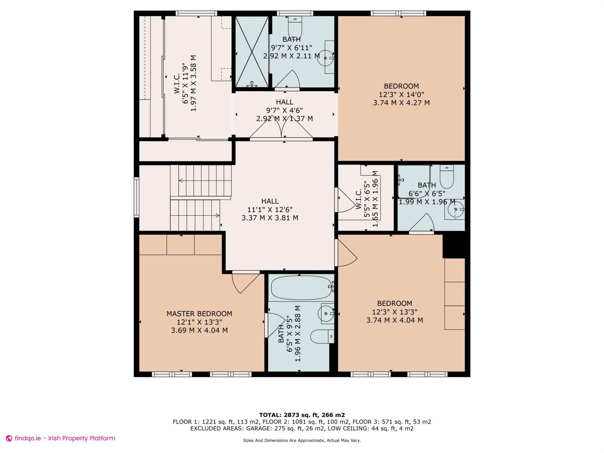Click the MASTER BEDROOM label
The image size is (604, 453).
point(199,314)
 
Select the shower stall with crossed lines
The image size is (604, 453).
point(252,52)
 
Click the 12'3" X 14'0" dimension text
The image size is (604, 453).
point(401,94)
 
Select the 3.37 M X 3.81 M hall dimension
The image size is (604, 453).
point(270,218)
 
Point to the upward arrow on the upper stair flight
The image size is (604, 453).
point(181,181)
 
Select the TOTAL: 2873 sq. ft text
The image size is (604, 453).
point(302,415)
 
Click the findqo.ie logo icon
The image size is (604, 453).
point(9,438)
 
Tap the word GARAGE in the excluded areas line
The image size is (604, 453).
point(256,428)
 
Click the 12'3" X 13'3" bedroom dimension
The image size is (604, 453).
point(394,312)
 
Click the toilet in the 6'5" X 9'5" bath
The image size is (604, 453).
point(322,337)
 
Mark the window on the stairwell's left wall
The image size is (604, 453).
point(136,197)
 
